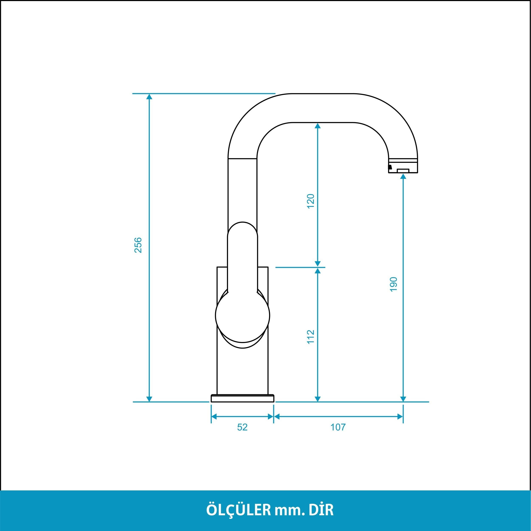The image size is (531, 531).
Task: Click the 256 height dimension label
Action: [x=138, y=245]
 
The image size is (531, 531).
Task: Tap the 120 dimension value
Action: [x=311, y=201]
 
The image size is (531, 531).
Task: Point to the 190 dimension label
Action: [x=394, y=284]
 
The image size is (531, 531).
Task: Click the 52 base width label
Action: [x=242, y=427]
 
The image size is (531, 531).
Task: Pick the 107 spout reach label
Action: [x=338, y=427]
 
